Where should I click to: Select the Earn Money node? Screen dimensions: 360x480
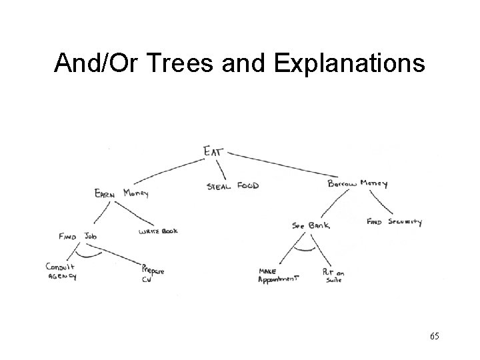click(121, 193)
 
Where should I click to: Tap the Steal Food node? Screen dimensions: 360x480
click(233, 185)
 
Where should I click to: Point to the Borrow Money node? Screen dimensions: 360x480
click(358, 183)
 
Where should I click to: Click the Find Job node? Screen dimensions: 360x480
click(79, 236)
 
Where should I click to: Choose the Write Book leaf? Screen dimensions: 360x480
click(158, 231)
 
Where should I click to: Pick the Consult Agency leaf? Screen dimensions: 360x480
click(61, 271)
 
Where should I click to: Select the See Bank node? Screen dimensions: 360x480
click(311, 226)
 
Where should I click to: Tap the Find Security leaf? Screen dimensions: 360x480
click(394, 221)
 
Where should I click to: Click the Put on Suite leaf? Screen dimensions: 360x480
click(333, 275)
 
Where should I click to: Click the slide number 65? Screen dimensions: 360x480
click(434, 336)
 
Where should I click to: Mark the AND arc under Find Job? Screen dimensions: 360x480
click(88, 255)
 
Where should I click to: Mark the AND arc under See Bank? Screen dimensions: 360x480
click(305, 251)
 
